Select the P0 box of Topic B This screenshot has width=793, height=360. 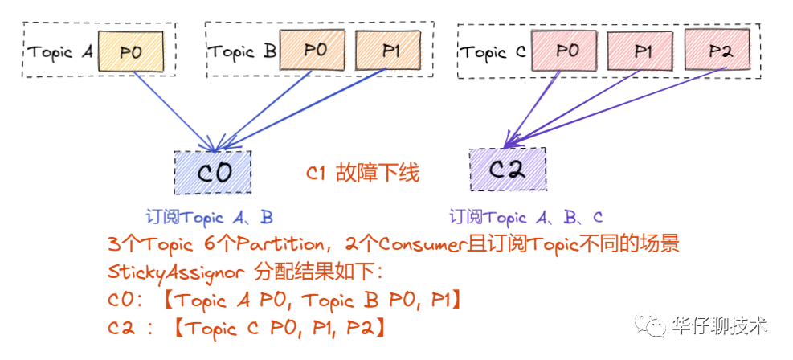[315, 51]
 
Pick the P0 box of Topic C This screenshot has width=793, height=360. [567, 51]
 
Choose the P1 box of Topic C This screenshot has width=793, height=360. [642, 51]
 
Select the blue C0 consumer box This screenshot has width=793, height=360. [213, 171]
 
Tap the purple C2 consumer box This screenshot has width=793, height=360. [507, 169]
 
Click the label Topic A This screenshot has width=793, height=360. [60, 53]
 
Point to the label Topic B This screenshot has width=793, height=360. [243, 52]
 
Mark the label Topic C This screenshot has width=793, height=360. [493, 53]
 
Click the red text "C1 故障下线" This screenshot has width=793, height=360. [363, 174]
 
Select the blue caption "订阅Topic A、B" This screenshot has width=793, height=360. [209, 217]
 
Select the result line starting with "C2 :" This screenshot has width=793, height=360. [249, 328]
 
